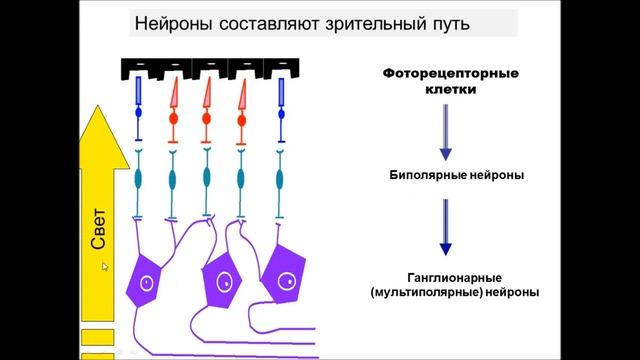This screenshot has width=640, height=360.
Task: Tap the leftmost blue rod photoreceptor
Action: pyautogui.click(x=140, y=94)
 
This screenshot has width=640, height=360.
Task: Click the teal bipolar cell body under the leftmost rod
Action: pyautogui.click(x=140, y=180)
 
